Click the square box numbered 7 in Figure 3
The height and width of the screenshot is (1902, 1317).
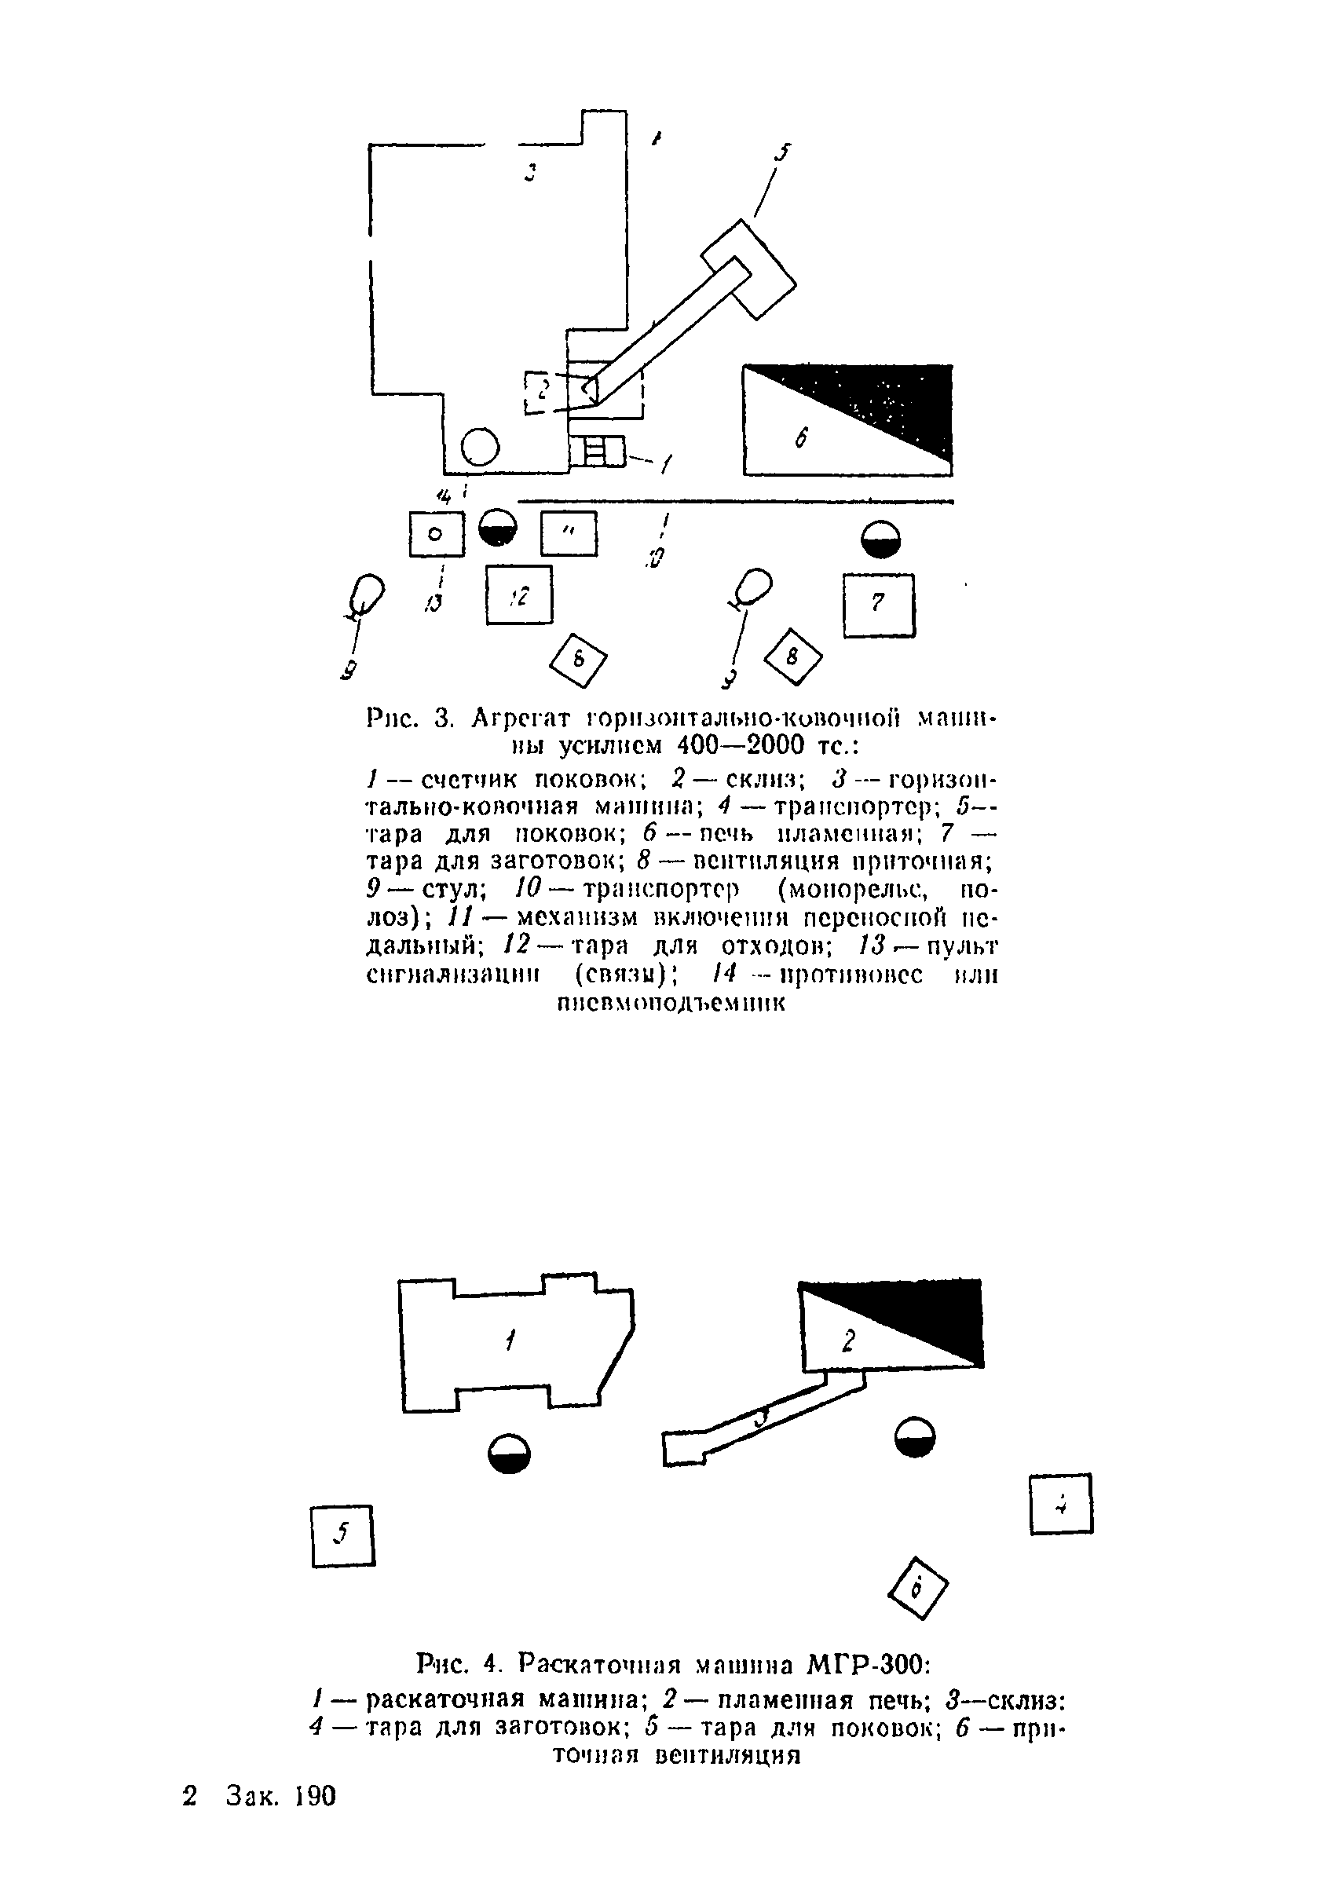point(879,605)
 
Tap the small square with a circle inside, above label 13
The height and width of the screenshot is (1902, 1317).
point(437,534)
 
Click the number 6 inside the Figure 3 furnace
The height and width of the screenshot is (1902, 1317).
point(801,437)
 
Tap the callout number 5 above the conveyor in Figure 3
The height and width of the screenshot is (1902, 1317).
point(781,152)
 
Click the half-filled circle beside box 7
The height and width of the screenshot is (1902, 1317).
point(880,540)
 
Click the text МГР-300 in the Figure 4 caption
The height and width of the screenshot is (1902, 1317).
point(866,1663)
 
